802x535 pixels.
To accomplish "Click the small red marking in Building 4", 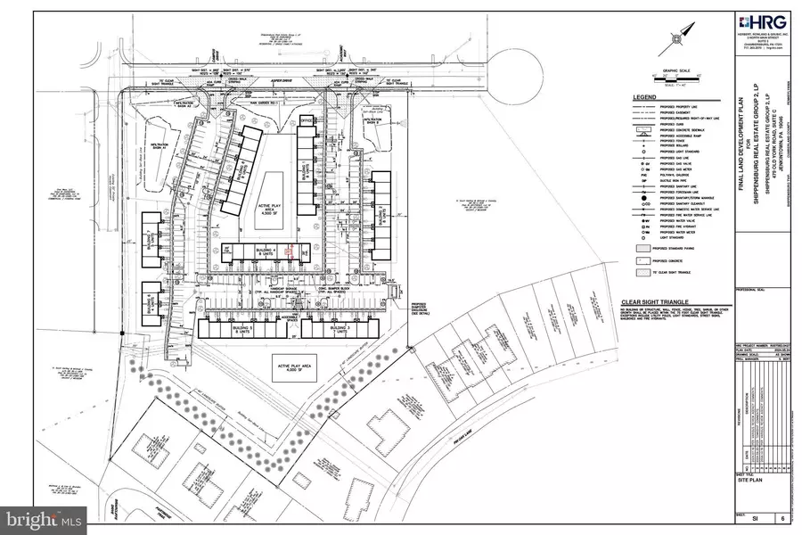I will pyautogui.click(x=287, y=251).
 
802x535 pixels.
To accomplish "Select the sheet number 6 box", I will pyautogui.click(x=782, y=516).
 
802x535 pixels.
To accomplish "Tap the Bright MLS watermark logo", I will pyautogui.click(x=45, y=514).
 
